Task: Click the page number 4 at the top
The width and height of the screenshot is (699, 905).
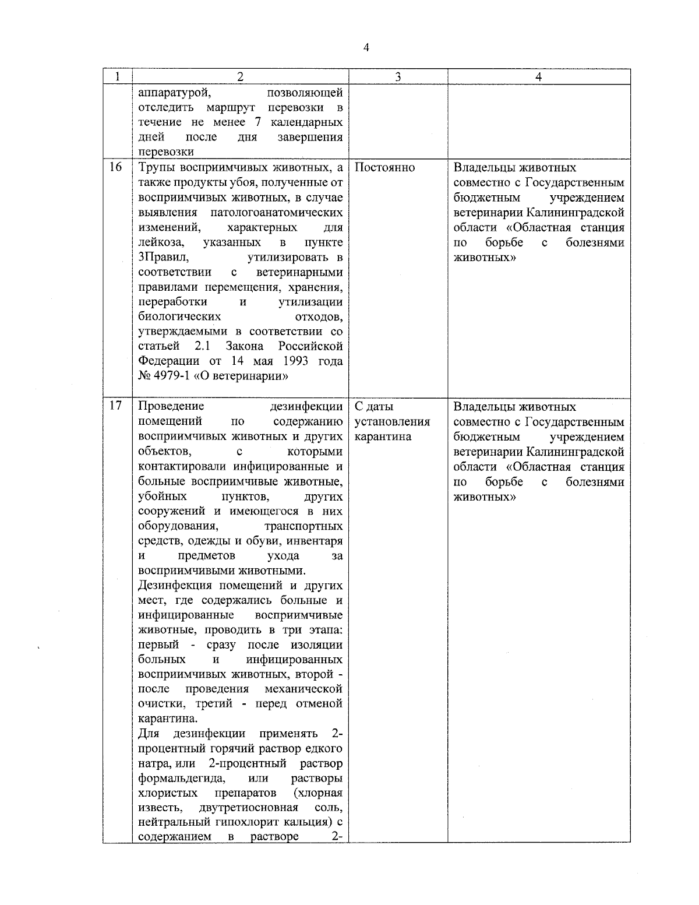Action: point(366,48)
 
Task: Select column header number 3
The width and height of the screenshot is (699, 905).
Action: point(397,77)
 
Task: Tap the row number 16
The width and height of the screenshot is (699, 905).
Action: point(116,168)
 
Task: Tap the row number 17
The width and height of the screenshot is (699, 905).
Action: point(116,406)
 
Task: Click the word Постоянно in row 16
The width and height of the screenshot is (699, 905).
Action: point(384,168)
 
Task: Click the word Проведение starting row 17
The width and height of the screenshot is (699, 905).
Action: point(171,406)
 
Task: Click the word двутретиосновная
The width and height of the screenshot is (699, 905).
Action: point(248,808)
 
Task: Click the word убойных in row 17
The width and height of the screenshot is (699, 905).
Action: point(163,496)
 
